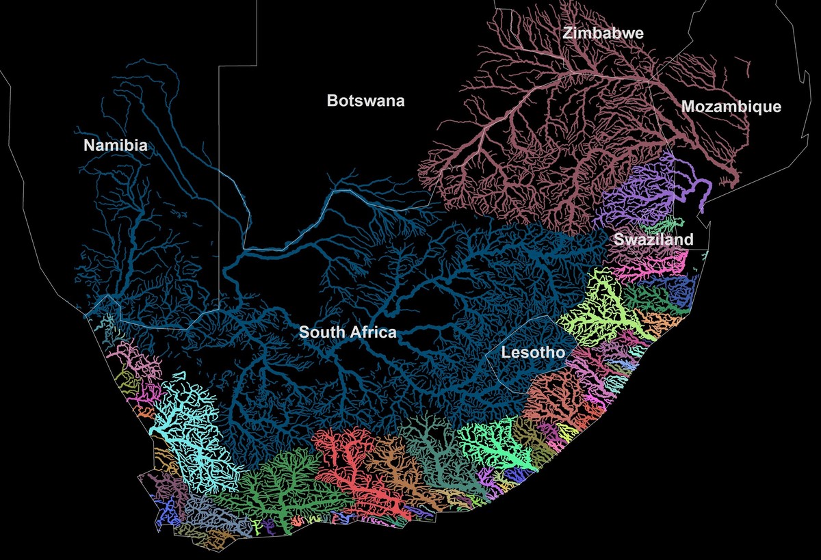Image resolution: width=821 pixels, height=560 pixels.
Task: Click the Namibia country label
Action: click(115, 145)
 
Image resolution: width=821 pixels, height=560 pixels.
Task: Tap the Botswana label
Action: click(365, 101)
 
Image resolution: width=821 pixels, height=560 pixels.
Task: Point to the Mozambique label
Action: click(731, 107)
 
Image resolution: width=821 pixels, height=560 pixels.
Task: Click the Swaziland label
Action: click(653, 239)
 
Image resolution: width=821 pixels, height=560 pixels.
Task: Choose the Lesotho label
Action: click(533, 353)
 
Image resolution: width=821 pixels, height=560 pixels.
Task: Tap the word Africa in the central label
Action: click(372, 333)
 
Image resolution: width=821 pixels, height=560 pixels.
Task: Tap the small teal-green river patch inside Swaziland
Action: click(667, 224)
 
